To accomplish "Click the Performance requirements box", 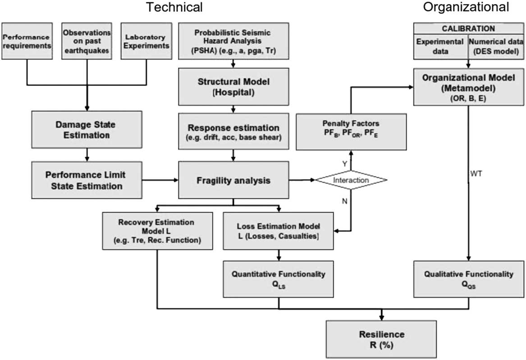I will pyautogui.click(x=27, y=40).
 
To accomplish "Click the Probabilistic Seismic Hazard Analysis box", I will pyautogui.click(x=233, y=40).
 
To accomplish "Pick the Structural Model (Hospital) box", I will pyautogui.click(x=233, y=87).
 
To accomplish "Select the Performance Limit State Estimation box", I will pyautogui.click(x=87, y=180).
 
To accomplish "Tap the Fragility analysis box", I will pyautogui.click(x=233, y=180).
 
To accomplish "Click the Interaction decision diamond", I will pyautogui.click(x=351, y=180).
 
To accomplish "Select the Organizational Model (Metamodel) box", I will pyautogui.click(x=469, y=87).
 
